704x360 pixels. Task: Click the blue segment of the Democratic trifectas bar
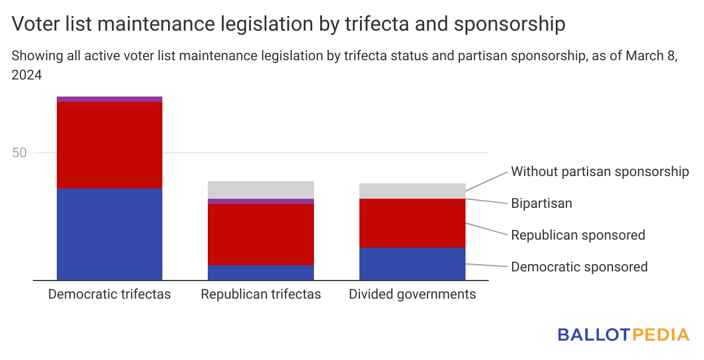tap(110, 235)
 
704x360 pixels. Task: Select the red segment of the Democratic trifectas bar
tap(110, 145)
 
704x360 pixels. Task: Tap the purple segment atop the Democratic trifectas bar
tap(110, 99)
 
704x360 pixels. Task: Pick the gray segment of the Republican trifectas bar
tap(261, 190)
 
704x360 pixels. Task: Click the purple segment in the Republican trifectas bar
tap(261, 201)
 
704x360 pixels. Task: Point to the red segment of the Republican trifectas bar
tap(261, 235)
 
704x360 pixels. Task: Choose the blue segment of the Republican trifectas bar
tap(261, 273)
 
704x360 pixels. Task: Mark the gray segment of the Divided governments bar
tap(412, 191)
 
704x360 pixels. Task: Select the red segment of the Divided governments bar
tap(412, 223)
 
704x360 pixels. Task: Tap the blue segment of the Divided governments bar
tap(412, 264)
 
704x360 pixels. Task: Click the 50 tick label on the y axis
tap(19, 153)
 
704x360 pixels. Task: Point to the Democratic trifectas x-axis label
tap(110, 294)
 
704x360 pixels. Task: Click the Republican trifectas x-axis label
tap(261, 294)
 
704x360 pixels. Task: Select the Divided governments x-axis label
tap(412, 295)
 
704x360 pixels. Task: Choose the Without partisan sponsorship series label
tap(600, 171)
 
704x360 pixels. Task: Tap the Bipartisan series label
tap(542, 203)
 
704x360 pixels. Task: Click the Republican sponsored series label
tap(578, 235)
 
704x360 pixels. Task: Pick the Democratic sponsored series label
tap(579, 267)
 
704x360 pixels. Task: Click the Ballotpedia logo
tap(623, 334)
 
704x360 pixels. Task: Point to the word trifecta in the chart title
tap(377, 24)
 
